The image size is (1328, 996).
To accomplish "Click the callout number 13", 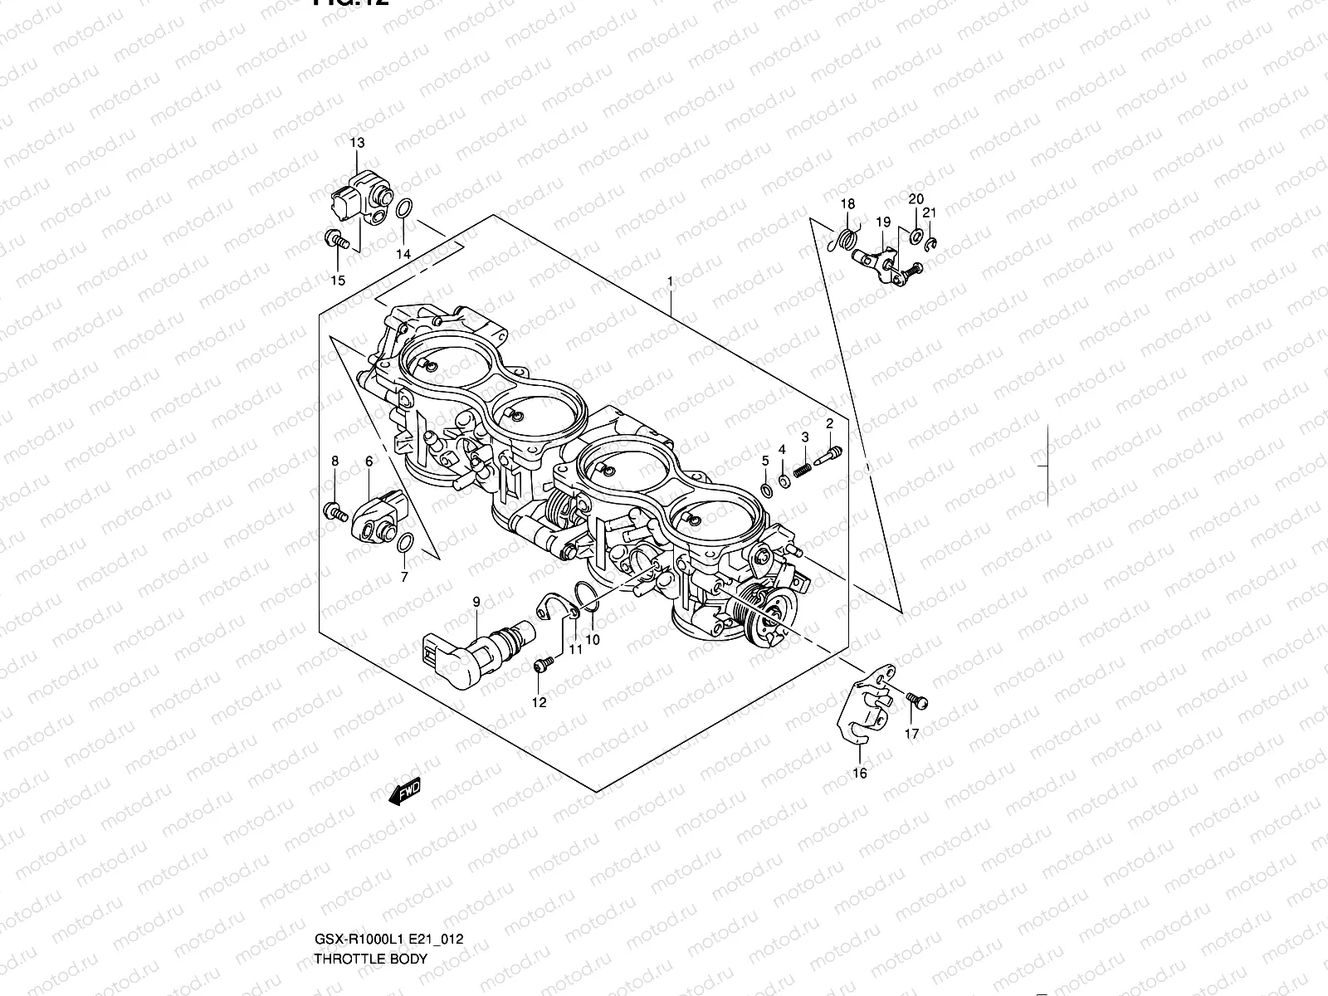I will [x=357, y=143].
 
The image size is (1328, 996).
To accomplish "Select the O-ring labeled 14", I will [x=403, y=210].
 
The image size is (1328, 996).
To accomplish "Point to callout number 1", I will [x=670, y=282].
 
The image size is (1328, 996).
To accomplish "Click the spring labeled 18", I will [x=845, y=237].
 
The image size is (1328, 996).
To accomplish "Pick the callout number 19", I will [x=882, y=222].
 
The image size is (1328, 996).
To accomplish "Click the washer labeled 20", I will [x=915, y=237].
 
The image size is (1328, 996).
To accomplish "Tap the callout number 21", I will [x=930, y=212].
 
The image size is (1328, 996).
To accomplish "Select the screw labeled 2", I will [x=829, y=453].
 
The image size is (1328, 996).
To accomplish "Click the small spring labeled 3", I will [x=801, y=471].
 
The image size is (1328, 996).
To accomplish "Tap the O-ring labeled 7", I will [x=405, y=544].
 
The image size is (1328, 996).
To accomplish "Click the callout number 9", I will [x=476, y=600].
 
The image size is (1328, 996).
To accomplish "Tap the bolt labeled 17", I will [x=916, y=701].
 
